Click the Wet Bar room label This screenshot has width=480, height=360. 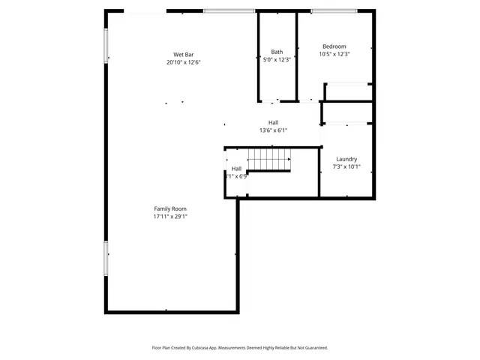[x=184, y=54]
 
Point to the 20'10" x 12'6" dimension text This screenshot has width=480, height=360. [x=184, y=62]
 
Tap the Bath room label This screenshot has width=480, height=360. [x=277, y=52]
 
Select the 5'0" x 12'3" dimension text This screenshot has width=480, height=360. [x=277, y=59]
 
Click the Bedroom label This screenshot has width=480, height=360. [x=334, y=46]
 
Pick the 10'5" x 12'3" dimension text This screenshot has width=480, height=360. [x=334, y=54]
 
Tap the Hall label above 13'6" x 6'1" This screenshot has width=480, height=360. [x=274, y=122]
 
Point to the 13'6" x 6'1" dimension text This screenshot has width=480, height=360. [x=274, y=130]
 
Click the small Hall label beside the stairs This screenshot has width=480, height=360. [x=236, y=169]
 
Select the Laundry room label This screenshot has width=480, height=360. [x=346, y=159]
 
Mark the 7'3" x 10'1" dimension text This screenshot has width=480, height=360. [x=346, y=166]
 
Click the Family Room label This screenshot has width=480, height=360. [x=170, y=208]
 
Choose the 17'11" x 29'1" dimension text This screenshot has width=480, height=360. [x=170, y=216]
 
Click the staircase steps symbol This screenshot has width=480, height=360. [x=270, y=160]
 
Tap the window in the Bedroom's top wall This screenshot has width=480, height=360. [x=334, y=10]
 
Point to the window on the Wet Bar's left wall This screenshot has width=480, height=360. [x=106, y=46]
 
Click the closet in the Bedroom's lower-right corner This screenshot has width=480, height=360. [x=349, y=91]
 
